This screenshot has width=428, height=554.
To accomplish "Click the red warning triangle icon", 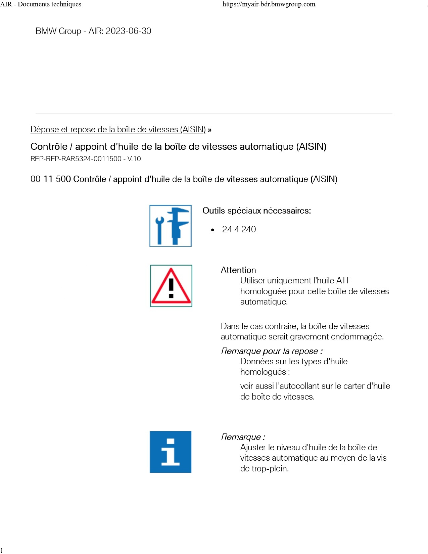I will coord(171,286).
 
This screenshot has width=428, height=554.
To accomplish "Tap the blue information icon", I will coord(171,452).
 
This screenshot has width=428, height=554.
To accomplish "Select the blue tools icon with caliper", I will coord(171,226).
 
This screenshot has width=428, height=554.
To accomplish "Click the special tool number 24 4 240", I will coord(239,229).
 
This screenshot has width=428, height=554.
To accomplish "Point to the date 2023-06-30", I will coord(128,31).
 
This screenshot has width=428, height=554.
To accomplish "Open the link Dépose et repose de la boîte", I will coord(118,130).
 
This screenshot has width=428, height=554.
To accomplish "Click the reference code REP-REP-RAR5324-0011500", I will coord(76,159).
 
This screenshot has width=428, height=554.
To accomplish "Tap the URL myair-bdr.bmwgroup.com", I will coord(269,4).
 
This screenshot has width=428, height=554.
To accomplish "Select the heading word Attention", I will coord(238,270).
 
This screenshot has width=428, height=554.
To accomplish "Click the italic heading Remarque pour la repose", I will coord(272,351).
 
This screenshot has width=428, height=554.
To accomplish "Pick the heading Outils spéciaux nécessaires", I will coord(256,211).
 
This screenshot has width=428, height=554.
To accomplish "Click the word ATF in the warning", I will coord(344,280).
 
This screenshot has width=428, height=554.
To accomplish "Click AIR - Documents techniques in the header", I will coord(41,4).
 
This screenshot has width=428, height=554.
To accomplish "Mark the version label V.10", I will coord(134,159).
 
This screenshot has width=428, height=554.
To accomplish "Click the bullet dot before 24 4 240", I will coord(212,230).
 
